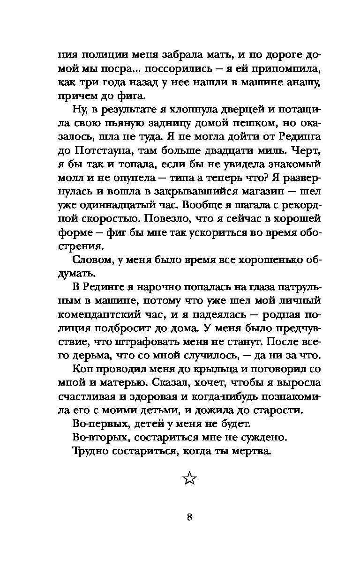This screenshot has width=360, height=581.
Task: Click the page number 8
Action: pyautogui.click(x=188, y=518)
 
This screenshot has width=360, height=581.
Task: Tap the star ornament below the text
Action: pyautogui.click(x=188, y=478)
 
